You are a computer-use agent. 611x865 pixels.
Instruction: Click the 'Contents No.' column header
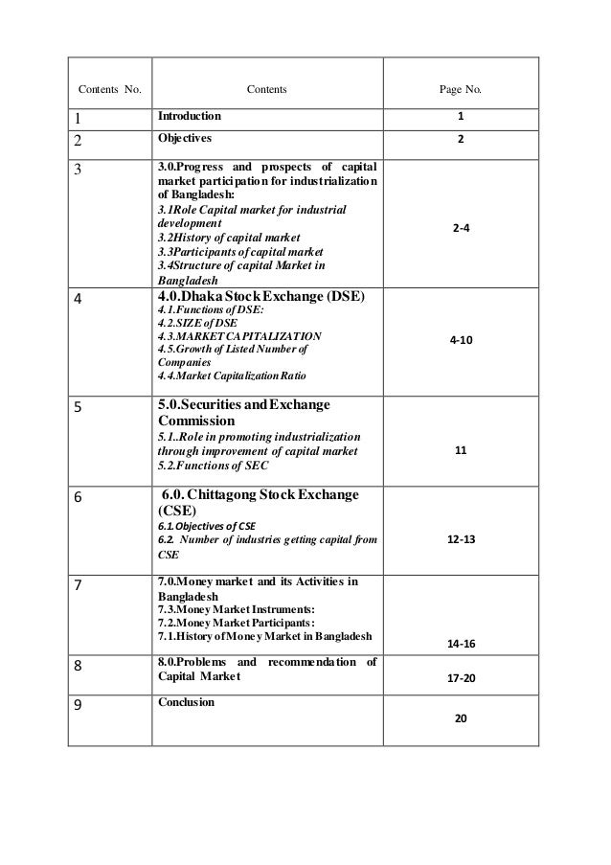108,91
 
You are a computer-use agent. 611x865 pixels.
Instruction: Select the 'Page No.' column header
461,91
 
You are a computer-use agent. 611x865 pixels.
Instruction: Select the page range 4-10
460,340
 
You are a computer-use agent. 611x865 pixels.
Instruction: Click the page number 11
460,447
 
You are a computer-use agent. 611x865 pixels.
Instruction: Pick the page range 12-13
460,540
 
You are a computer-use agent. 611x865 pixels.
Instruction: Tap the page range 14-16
460,645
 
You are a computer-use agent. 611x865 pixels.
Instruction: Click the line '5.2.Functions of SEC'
213,466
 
